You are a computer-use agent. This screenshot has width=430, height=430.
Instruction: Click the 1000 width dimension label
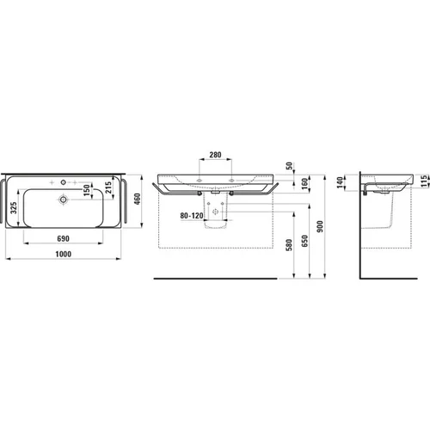tap(64, 254)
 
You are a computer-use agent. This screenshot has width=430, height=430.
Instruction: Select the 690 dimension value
tap(63, 238)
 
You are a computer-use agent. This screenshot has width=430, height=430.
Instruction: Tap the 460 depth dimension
tap(138, 199)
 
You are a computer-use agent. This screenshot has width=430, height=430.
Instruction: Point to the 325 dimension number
tap(14, 208)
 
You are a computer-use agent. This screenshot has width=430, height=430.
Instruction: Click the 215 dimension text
tap(108, 187)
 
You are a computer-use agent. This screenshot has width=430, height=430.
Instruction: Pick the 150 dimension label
tap(86, 190)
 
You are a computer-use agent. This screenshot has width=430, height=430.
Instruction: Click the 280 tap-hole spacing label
tap(215, 155)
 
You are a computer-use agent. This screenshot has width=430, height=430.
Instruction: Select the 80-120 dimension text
tap(192, 216)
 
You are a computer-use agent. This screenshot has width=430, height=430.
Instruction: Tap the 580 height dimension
tap(289, 245)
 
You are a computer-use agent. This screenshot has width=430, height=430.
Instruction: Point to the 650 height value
tap(304, 241)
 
